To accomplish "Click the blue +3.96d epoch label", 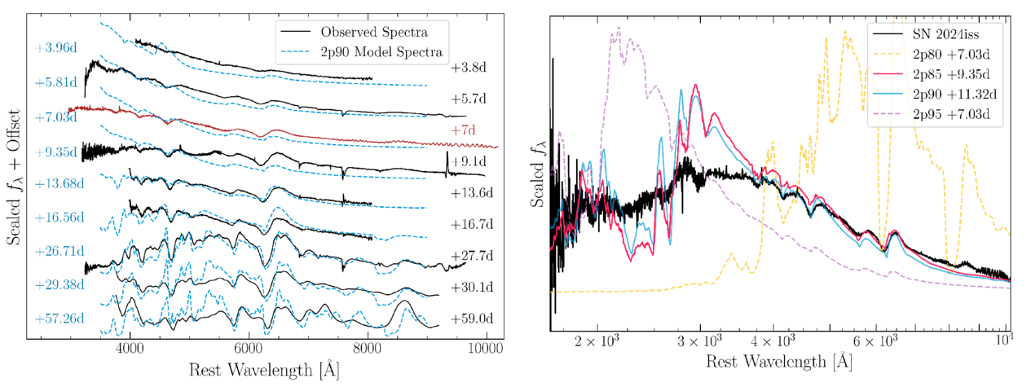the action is [55, 48].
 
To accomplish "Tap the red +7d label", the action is [463, 130].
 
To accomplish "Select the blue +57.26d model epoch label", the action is [59, 319].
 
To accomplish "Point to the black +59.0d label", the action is [472, 319].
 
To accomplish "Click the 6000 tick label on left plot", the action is [249, 349].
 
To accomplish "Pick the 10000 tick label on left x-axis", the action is [487, 349].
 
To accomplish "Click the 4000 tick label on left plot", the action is [130, 349].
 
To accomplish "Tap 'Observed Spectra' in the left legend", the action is [374, 32].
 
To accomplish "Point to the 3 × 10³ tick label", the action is [699, 341].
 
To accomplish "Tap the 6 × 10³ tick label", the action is [875, 341].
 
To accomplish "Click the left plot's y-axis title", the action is [13, 177].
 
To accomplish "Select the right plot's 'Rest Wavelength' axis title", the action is [779, 362].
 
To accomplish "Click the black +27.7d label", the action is [472, 256].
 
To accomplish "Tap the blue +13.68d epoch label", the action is [59, 184].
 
